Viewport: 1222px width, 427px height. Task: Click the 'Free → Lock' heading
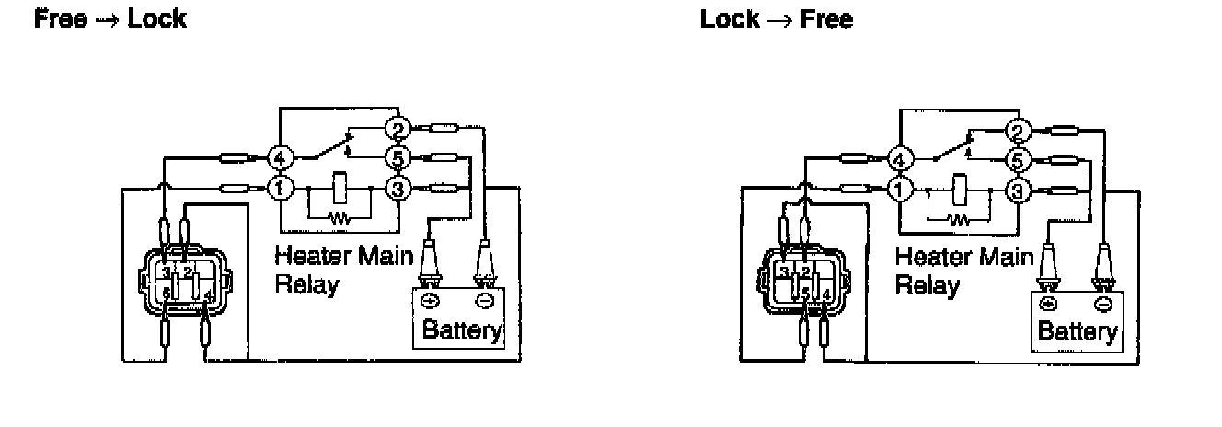[x=110, y=18]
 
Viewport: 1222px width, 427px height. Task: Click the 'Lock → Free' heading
[x=776, y=18]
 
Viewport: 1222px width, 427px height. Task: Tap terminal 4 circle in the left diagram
[x=280, y=158]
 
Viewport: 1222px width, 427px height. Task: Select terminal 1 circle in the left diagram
[x=280, y=189]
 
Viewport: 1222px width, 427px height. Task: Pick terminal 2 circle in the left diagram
[x=398, y=128]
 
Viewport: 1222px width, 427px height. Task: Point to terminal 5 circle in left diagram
[x=398, y=158]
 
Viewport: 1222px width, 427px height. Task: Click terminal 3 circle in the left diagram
[x=398, y=189]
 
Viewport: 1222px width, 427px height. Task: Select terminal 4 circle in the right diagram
[x=899, y=160]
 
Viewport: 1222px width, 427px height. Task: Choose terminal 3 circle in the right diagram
[x=1017, y=190]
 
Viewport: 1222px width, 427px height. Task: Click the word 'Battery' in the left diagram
[x=462, y=329]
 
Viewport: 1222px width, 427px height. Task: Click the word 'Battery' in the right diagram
[x=1078, y=330]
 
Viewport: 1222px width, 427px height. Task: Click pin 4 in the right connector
[x=825, y=294]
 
